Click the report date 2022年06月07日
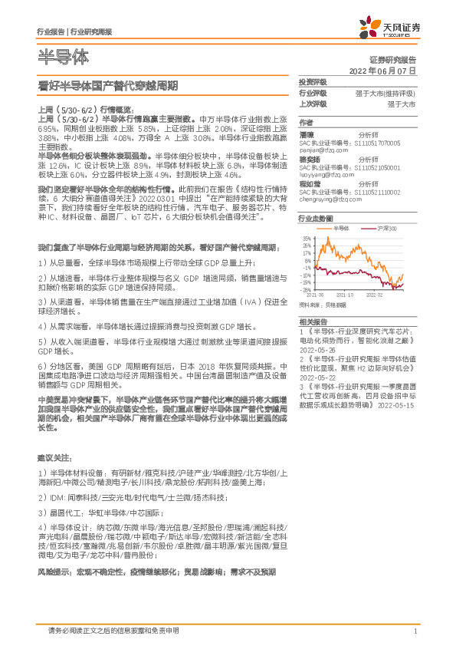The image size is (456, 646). pyautogui.click(x=383, y=70)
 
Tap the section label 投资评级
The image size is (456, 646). pyautogui.click(x=313, y=81)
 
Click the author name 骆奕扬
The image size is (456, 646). pyautogui.click(x=310, y=160)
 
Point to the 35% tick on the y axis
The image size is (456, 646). pyautogui.click(x=307, y=239)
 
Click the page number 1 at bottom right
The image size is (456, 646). pyautogui.click(x=415, y=631)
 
